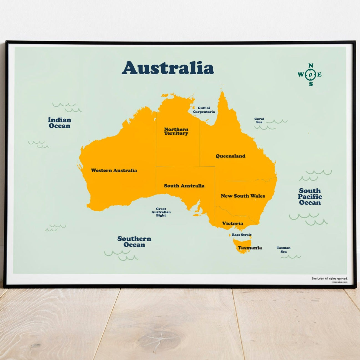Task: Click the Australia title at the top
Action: click(168, 68)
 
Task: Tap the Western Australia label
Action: click(114, 171)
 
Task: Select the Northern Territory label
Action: click(176, 131)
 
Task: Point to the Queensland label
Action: click(230, 156)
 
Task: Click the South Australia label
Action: click(184, 186)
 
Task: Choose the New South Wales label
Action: click(243, 196)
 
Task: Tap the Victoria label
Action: click(232, 224)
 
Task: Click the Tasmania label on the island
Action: click(250, 248)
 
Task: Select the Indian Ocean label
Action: click(59, 123)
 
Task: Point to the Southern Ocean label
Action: click(134, 242)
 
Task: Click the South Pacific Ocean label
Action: click(310, 197)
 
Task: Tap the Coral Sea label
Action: click(259, 120)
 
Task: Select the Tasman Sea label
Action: click(283, 250)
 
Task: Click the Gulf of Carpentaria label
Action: click(204, 110)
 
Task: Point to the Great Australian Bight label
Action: click(161, 212)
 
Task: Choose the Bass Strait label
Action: click(242, 235)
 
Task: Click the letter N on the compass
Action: click(311, 66)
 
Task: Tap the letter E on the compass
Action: click(320, 75)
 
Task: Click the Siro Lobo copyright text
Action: click(329, 278)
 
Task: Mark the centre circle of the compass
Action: click(311, 75)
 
